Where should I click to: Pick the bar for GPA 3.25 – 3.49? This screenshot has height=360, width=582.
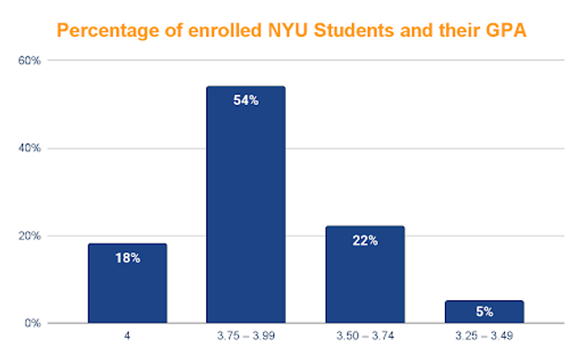click(x=484, y=313)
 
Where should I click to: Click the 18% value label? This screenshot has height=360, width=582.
click(x=127, y=257)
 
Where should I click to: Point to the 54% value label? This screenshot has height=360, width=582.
click(x=245, y=100)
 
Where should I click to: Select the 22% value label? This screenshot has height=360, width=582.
click(x=364, y=240)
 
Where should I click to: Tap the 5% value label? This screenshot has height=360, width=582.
click(x=484, y=313)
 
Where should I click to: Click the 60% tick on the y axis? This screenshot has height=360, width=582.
click(x=30, y=61)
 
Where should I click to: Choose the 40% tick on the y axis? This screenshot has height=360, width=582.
click(x=30, y=148)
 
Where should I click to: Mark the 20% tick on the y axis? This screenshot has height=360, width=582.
click(x=30, y=236)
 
